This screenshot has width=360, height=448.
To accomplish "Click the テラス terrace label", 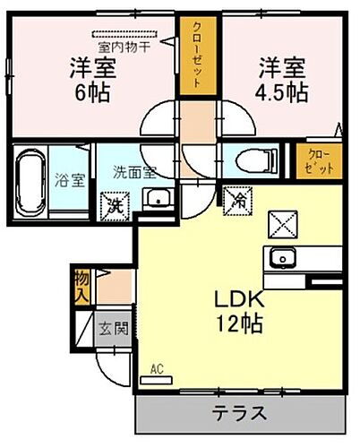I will point(239,414).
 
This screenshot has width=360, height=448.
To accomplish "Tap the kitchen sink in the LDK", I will point(284,259).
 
